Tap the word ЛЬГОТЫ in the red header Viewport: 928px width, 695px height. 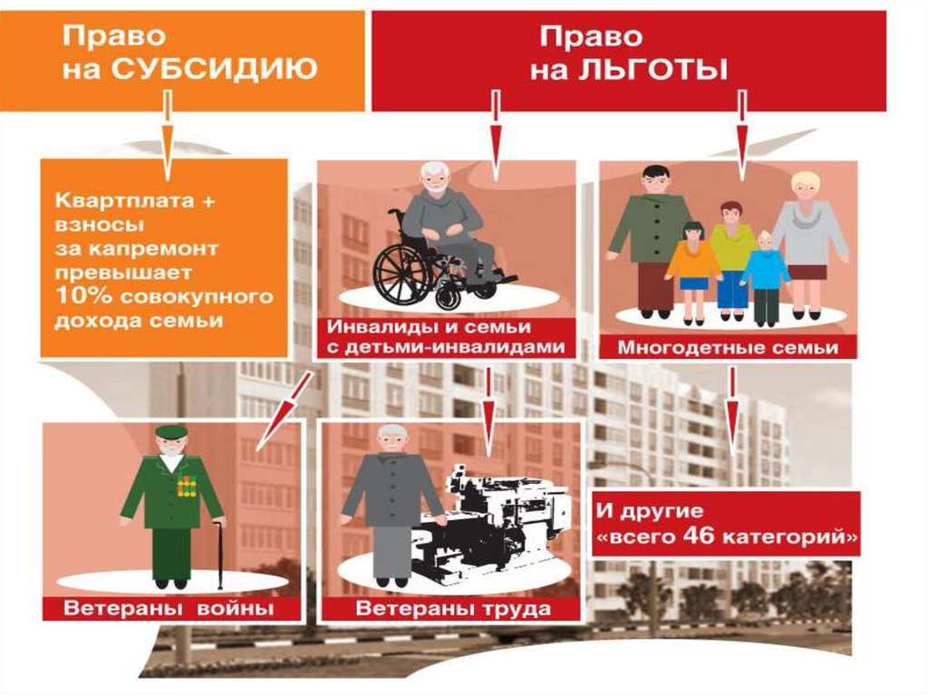652,69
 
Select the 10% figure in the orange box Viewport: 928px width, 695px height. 81,296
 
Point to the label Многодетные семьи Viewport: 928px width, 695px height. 727,347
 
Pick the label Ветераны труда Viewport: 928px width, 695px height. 452,607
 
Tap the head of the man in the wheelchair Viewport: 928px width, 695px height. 437,178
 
